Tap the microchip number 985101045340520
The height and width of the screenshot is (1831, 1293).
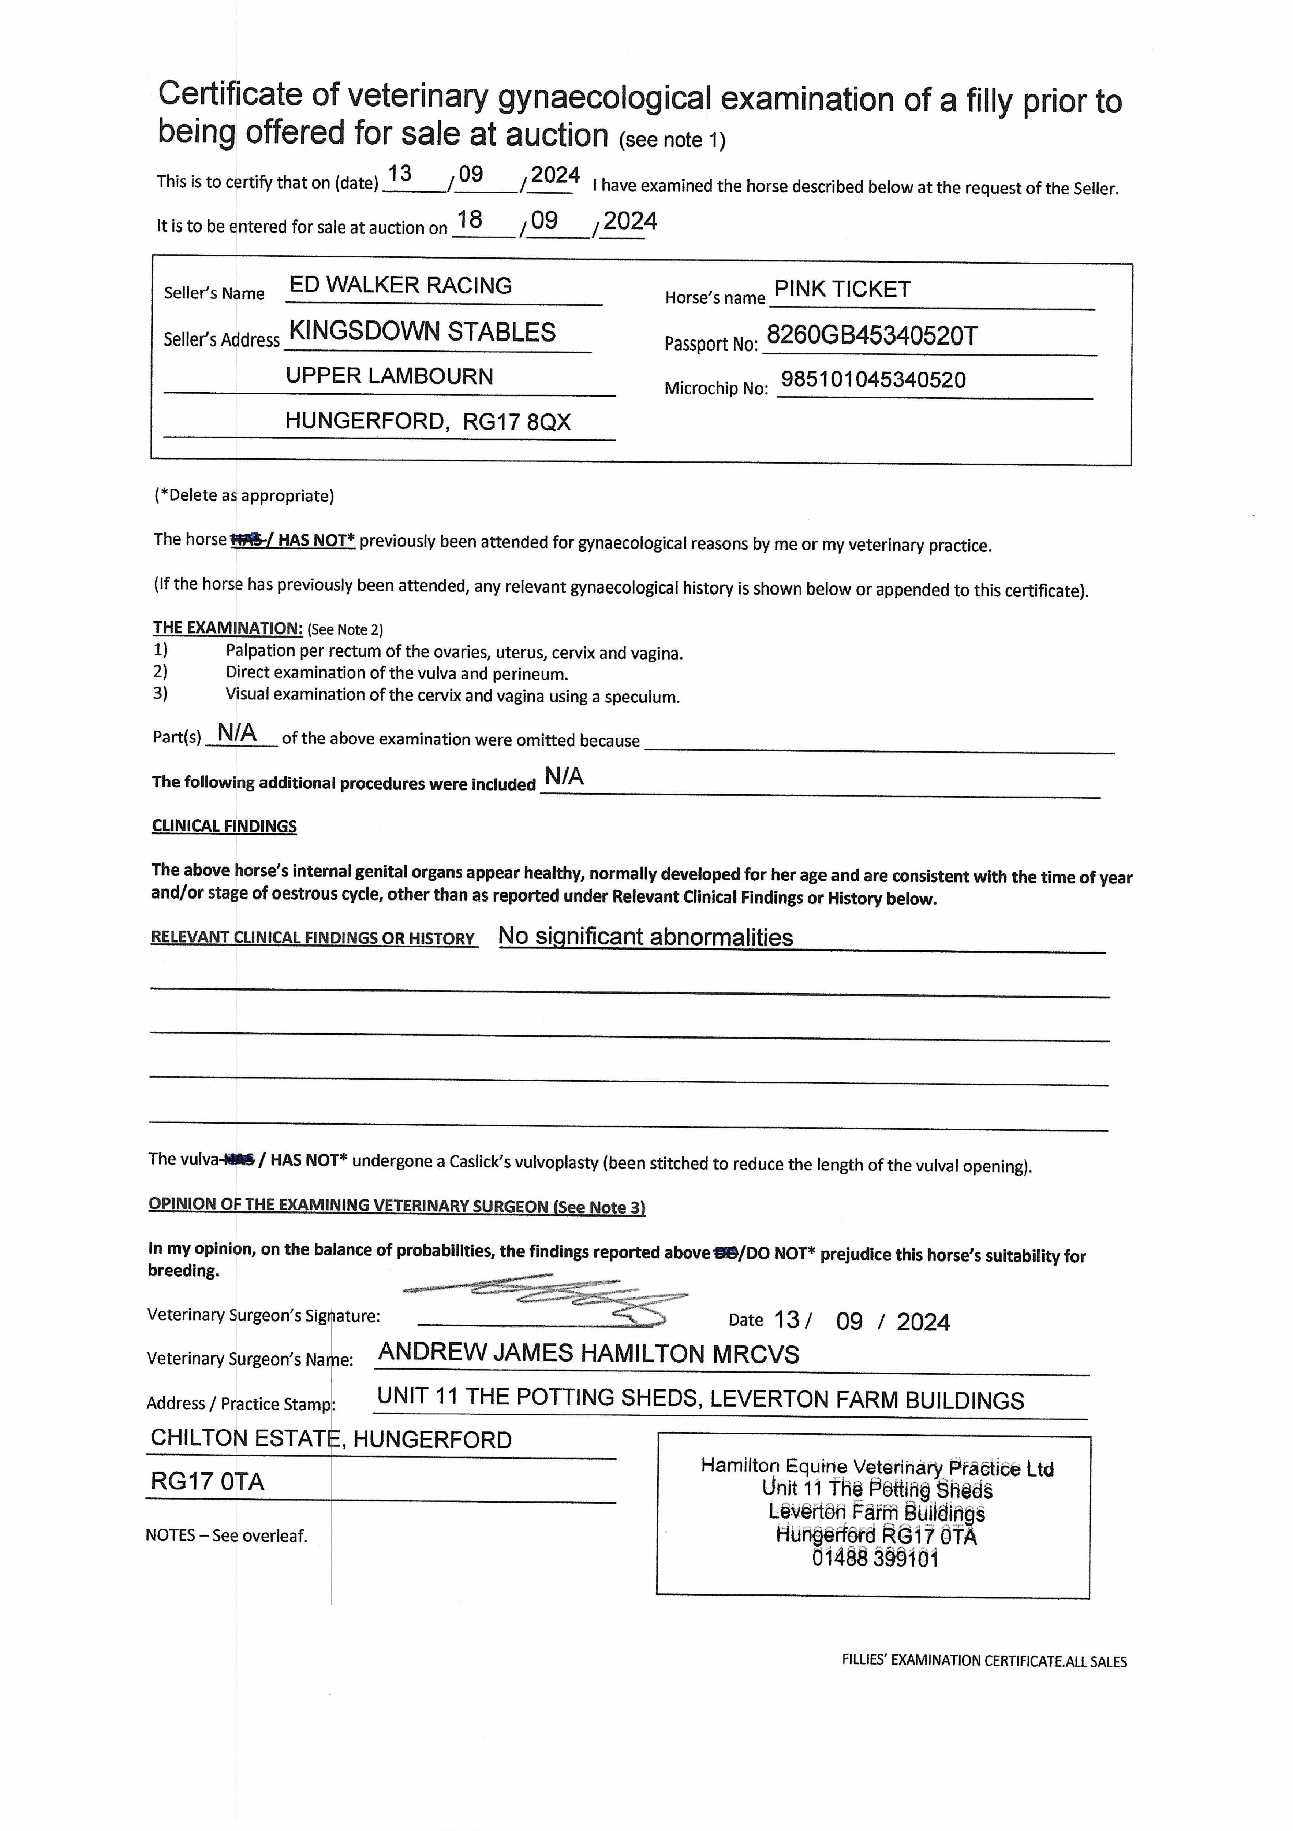873,380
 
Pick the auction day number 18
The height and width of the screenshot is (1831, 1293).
470,220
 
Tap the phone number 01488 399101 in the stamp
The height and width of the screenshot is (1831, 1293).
875,1559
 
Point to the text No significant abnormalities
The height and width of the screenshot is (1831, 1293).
646,937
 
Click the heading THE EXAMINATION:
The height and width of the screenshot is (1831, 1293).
228,628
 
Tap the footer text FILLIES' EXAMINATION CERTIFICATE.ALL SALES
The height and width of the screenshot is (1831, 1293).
984,1661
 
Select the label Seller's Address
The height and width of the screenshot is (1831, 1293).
222,340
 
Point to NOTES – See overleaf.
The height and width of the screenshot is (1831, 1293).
227,1535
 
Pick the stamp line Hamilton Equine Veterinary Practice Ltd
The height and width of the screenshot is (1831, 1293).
877,1467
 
